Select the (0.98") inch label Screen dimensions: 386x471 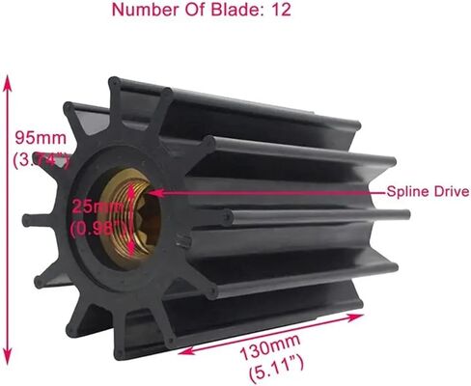point(97,229)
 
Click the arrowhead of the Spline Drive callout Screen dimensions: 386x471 point(153,192)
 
